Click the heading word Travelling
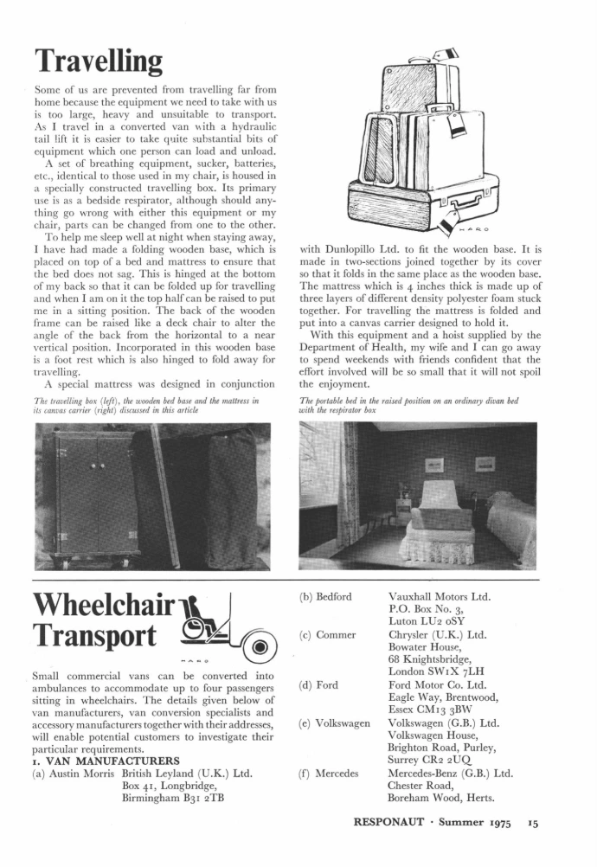click(99, 61)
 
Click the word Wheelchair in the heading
click(100, 604)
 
